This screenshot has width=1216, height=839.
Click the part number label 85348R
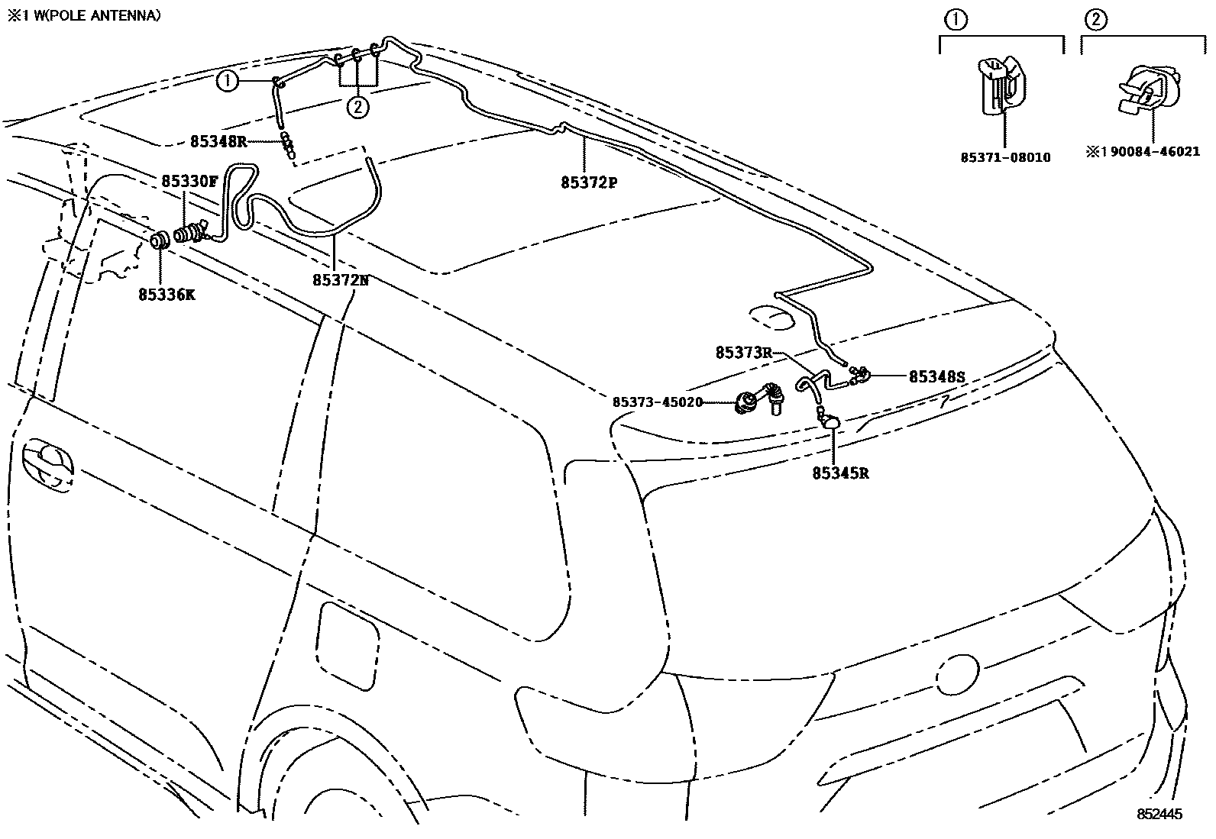click(218, 141)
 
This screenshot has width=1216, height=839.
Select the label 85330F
click(189, 182)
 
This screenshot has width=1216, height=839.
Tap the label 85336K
click(167, 294)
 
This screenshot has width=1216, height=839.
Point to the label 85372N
click(340, 280)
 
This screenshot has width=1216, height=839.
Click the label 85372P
click(588, 183)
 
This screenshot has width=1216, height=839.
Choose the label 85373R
click(744, 353)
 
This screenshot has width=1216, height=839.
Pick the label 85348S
click(936, 377)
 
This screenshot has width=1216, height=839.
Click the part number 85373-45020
click(657, 402)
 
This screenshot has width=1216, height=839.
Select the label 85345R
click(840, 473)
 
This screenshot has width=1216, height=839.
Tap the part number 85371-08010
click(1005, 158)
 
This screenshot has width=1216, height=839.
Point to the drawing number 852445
click(1159, 815)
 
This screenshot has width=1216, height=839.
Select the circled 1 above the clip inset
click(956, 21)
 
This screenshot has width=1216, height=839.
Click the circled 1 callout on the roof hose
click(228, 80)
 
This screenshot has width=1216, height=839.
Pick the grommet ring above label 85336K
click(160, 240)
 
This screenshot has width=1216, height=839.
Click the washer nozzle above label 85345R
click(831, 421)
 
